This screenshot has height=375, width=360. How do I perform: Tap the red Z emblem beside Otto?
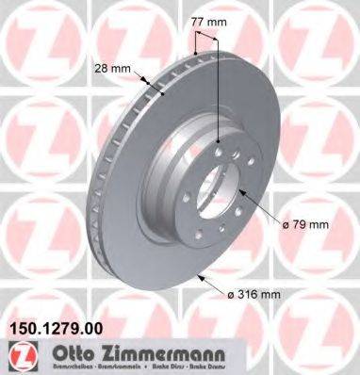tap(17, 356)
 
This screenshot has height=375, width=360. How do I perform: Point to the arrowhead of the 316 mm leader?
tap(200, 275)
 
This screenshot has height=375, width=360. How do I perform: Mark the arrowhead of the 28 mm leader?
tap(164, 95)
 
